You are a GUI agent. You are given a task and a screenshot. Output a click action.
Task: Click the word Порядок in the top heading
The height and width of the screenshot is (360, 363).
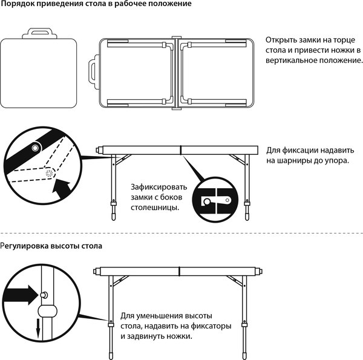[x=18, y=4]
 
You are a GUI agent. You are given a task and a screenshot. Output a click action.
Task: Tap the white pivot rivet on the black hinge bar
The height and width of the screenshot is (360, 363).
[x=36, y=148]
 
